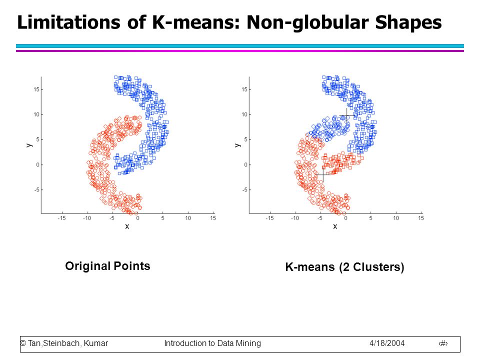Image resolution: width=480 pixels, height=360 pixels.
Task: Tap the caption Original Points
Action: tap(108, 266)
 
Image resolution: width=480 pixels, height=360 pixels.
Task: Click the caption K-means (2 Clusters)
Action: tap(344, 267)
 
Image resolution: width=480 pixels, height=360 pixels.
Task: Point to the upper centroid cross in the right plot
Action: tap(346, 115)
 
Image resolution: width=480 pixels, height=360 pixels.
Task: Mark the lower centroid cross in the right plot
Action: tap(323, 174)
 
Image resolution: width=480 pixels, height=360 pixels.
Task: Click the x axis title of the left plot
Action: tap(127, 226)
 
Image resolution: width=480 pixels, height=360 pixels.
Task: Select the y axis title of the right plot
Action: tap(237, 145)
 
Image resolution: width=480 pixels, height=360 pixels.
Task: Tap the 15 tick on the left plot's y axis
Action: tap(36, 89)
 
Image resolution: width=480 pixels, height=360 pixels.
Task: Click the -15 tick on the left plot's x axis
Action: tap(61, 218)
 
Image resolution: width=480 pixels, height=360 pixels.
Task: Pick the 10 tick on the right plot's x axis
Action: tap(396, 218)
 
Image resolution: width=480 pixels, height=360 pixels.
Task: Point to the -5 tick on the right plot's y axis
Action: tap(245, 190)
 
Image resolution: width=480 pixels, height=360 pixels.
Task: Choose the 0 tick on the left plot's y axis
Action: tap(37, 164)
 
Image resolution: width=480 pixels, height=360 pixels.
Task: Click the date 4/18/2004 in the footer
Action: tap(387, 343)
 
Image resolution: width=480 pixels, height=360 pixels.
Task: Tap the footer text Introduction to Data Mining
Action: tap(212, 343)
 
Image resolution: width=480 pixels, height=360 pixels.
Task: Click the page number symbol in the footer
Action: tap(443, 343)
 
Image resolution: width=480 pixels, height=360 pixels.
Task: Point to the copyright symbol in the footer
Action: tap(23, 343)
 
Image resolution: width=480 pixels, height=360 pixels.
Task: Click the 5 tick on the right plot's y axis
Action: tap(246, 139)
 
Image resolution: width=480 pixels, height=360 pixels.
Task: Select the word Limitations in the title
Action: tap(69, 22)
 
